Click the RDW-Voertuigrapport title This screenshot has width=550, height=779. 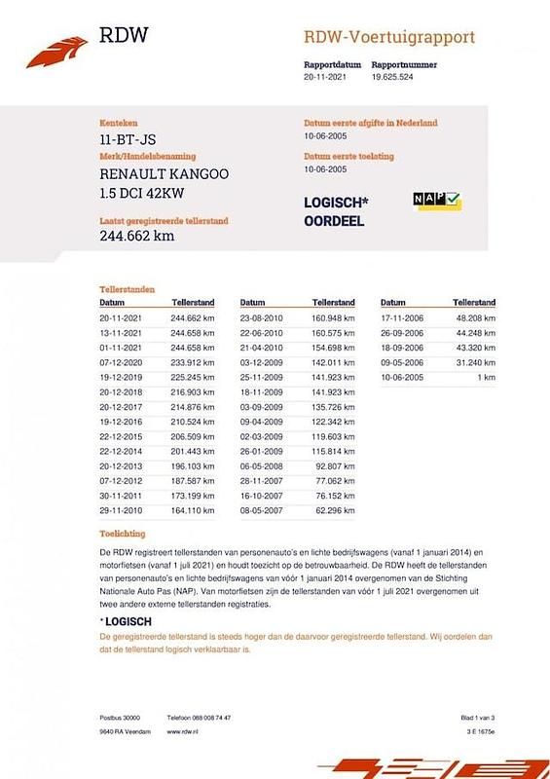[x=389, y=38]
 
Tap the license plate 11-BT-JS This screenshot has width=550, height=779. [x=128, y=140]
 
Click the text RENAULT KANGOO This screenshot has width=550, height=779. [x=165, y=173]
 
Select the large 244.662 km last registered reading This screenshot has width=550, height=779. [x=137, y=235]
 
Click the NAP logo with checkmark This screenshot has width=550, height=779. [x=437, y=201]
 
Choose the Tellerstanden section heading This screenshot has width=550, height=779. [x=127, y=290]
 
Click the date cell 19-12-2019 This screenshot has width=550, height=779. [x=122, y=374]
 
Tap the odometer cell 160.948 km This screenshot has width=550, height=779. [x=332, y=318]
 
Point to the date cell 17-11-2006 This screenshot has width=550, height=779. [x=403, y=318]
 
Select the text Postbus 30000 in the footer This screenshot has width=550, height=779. [x=120, y=716]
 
